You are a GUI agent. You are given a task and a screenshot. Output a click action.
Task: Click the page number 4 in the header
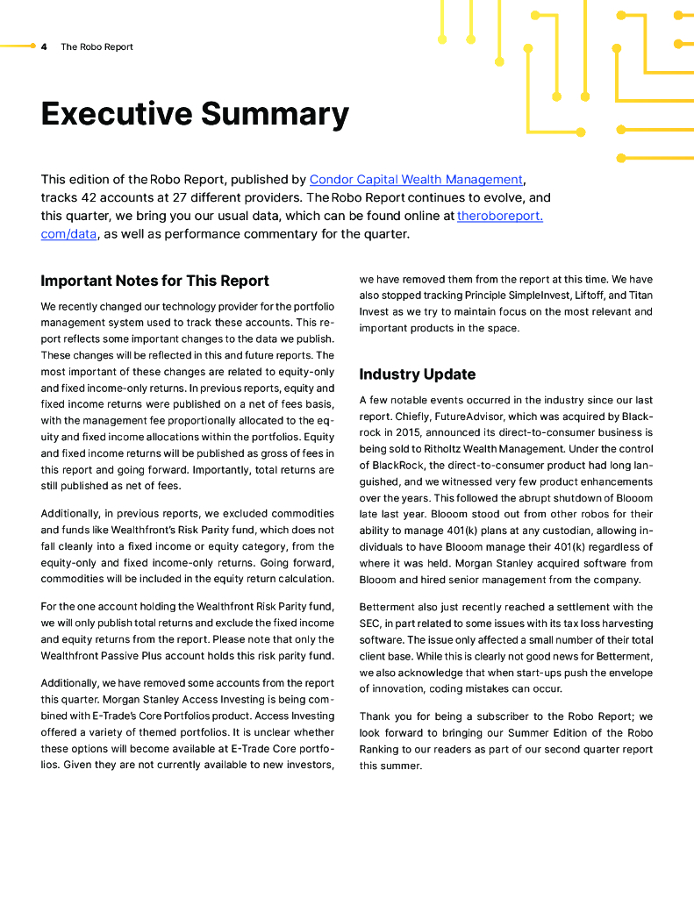click(44, 47)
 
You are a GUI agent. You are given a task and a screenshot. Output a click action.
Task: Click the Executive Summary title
click(195, 114)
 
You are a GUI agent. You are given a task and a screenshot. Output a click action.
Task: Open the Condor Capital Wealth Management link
click(416, 180)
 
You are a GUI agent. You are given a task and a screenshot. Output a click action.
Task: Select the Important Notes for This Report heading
click(154, 281)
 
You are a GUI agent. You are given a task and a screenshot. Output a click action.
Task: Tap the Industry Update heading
click(418, 374)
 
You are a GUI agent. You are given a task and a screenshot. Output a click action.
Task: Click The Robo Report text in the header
click(97, 47)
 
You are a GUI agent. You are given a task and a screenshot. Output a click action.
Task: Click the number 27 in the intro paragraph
click(186, 197)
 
